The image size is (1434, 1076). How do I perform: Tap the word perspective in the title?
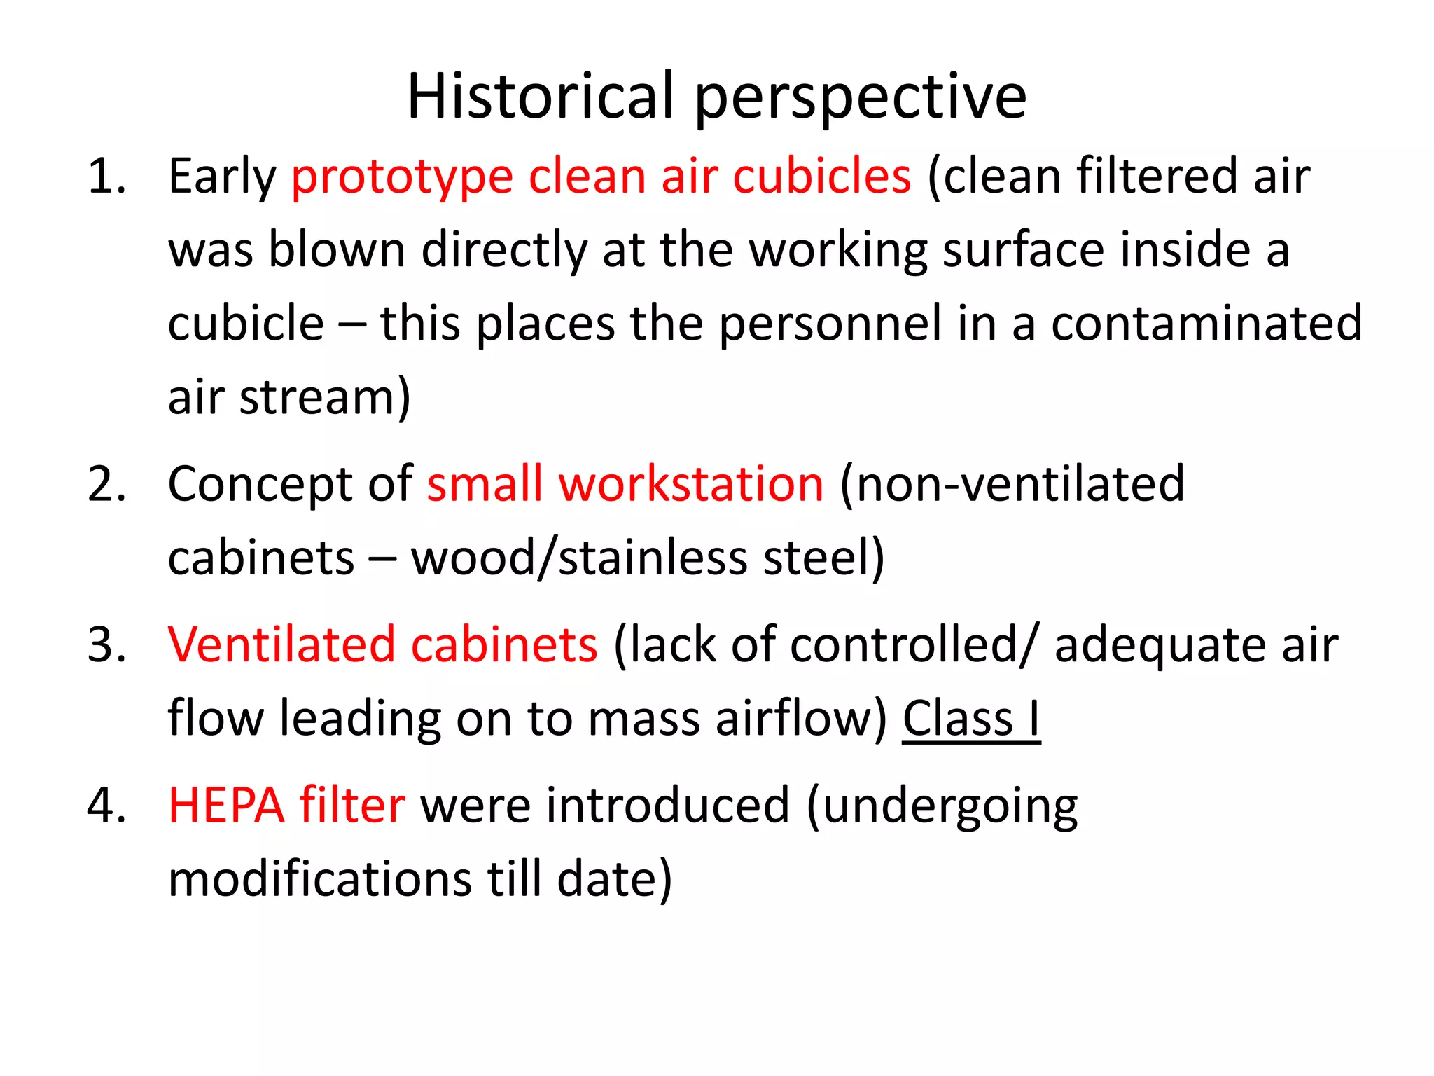[861, 100]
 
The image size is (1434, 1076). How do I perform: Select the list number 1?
[106, 176]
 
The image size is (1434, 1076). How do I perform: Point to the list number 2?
[106, 484]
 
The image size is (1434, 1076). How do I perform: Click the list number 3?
[106, 644]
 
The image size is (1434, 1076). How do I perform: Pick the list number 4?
[106, 805]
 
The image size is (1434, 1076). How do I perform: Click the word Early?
[222, 177]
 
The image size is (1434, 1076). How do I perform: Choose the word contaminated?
[1206, 323]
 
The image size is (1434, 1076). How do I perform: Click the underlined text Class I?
[970, 719]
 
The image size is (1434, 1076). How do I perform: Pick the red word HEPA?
[226, 805]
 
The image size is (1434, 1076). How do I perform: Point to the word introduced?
[668, 805]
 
